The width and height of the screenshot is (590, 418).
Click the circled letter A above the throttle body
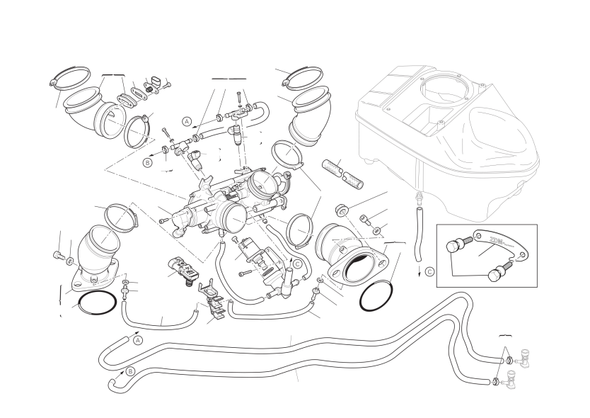(187, 121)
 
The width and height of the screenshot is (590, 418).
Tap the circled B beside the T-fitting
(148, 162)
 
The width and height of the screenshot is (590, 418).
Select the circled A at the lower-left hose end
(138, 339)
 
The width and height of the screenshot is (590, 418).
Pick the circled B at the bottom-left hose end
(130, 371)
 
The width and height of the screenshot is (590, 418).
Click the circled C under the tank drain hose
(429, 271)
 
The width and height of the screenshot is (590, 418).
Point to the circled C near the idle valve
(297, 264)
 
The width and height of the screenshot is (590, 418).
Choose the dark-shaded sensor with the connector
(184, 267)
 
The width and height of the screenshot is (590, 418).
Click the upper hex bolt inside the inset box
(453, 247)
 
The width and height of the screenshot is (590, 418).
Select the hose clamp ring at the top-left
(69, 76)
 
